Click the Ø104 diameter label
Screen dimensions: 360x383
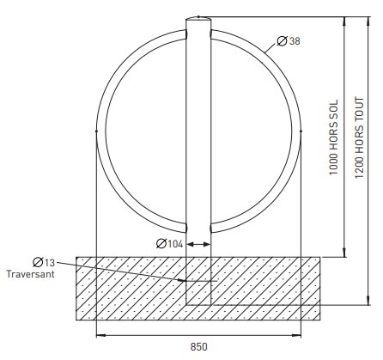170,244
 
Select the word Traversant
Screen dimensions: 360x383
32,275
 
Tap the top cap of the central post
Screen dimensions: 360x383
198,15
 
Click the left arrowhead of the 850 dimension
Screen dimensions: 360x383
98,334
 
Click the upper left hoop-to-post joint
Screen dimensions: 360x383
186,36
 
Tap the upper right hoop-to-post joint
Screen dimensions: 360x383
210,36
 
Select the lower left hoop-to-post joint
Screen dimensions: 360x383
186,229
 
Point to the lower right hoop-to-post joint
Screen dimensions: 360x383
210,229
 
